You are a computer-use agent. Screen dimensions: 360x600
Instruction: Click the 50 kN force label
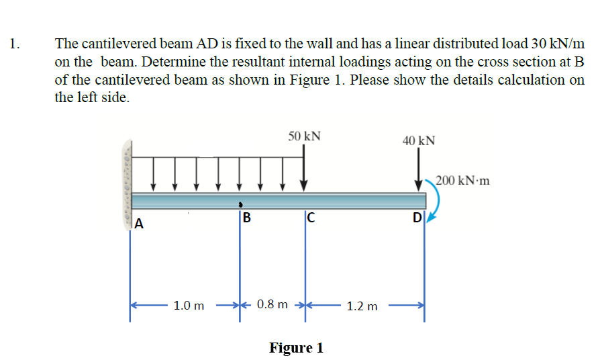click(304, 136)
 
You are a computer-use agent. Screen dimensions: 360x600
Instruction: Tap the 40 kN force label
click(419, 141)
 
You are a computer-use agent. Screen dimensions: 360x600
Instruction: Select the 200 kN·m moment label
click(462, 181)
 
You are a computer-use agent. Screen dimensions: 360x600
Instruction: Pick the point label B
click(246, 218)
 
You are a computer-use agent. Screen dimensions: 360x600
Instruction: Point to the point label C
click(310, 217)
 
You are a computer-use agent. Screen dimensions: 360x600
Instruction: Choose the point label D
click(417, 218)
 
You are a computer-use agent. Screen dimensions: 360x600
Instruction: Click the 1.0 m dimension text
click(189, 306)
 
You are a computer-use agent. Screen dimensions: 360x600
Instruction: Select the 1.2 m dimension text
click(362, 307)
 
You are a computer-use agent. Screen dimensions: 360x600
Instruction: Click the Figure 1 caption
click(296, 348)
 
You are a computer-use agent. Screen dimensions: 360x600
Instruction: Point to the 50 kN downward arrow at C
click(304, 168)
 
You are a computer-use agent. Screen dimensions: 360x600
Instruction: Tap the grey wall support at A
click(126, 181)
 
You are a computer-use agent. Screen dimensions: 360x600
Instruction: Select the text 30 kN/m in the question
click(555, 44)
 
